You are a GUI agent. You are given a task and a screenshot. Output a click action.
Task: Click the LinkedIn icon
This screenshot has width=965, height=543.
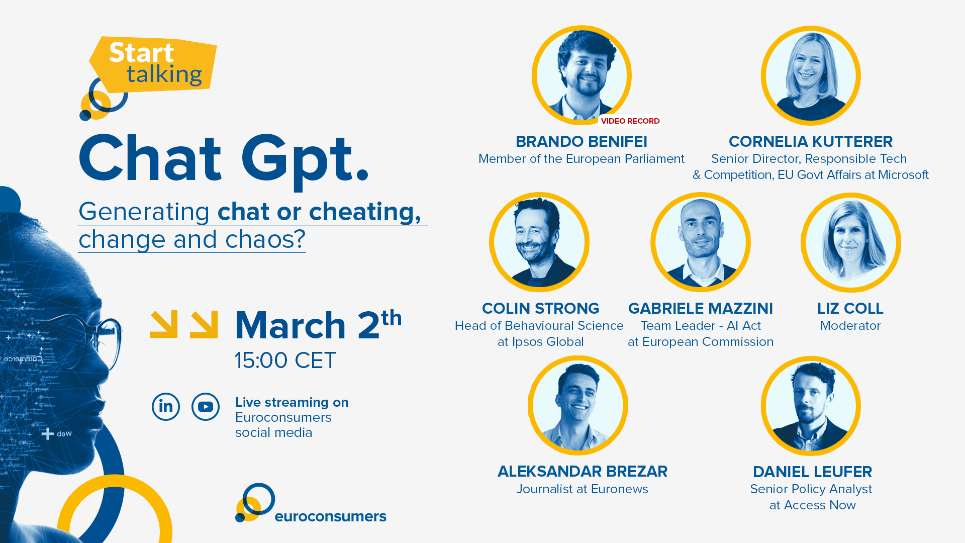pos(166,406)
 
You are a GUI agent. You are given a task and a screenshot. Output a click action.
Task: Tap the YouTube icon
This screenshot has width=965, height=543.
pos(206,406)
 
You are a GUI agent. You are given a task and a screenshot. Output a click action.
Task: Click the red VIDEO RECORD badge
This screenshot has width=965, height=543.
pos(630,121)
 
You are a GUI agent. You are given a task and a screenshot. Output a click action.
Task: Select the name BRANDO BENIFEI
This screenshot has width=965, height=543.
pos(582,141)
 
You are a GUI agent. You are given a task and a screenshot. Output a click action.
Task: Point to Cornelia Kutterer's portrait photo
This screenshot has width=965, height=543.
pos(811,75)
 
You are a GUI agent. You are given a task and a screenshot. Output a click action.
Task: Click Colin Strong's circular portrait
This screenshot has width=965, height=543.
pos(539,242)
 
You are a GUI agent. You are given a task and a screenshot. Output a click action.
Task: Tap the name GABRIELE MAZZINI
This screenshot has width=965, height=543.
pos(701,308)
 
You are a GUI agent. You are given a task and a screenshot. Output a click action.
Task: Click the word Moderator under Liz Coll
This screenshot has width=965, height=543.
pos(850,326)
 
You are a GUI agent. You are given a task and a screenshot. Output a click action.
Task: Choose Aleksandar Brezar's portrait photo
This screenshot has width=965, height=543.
pos(578,405)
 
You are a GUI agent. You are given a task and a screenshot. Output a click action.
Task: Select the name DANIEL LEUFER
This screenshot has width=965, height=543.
pos(812,472)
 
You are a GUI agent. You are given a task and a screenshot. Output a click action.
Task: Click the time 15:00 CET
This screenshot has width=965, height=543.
pos(285,360)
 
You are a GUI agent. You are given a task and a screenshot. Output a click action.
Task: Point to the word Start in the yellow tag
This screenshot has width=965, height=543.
pos(142,52)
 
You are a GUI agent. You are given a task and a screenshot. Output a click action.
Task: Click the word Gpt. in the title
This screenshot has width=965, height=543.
pos(305,160)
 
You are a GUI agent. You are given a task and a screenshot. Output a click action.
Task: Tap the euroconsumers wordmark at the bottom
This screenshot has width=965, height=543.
pos(330,516)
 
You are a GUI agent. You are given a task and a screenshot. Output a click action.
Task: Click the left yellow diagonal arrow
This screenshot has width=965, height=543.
pos(164,324)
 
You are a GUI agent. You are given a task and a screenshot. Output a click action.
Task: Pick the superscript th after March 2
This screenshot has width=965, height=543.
pos(392,318)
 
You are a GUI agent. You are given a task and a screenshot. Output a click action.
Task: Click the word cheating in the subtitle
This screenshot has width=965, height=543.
pos(365,212)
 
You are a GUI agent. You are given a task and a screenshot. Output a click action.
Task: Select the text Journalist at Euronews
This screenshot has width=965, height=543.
pos(582,489)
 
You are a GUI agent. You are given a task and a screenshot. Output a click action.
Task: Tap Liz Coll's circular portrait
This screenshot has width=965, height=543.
pos(851,242)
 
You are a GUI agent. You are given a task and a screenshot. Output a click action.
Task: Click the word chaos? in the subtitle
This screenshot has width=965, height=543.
pos(265,239)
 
